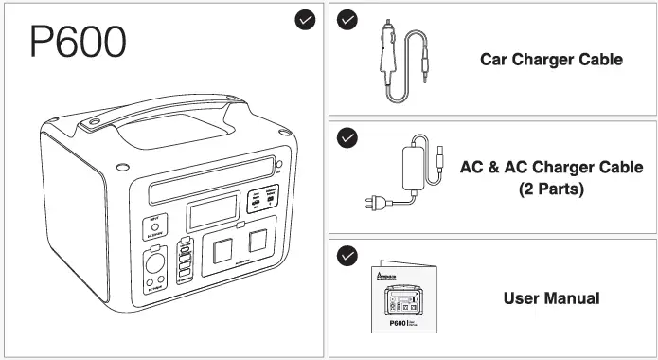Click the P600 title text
coord(78,41)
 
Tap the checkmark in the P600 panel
coord(306,22)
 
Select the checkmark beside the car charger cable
coord(347,20)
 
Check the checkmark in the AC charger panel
coord(347,138)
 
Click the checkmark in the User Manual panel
coord(347,256)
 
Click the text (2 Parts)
coord(551,189)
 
